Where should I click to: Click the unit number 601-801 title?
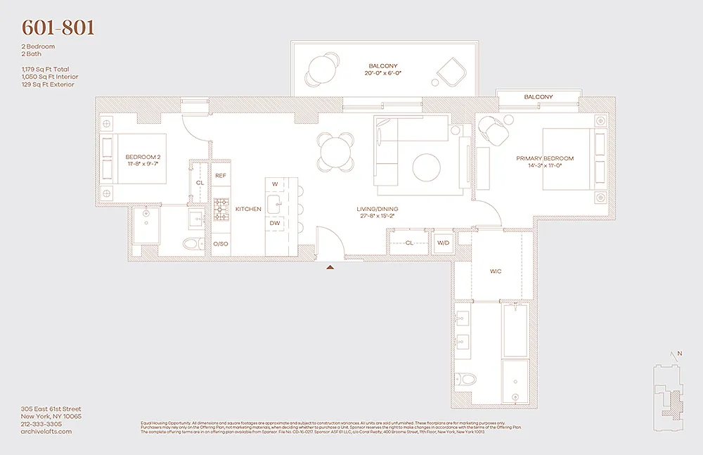click(x=58, y=28)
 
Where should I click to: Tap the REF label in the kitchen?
click(x=220, y=175)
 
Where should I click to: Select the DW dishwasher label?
click(x=275, y=223)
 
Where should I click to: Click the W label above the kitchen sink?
click(x=275, y=184)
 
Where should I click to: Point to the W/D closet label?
click(x=443, y=243)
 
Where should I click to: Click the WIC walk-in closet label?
click(x=496, y=271)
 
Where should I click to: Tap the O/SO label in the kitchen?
click(x=219, y=243)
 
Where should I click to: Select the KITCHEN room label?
click(x=248, y=209)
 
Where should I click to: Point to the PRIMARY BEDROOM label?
click(x=545, y=159)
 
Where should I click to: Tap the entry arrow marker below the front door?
click(x=330, y=267)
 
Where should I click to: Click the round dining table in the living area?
click(x=334, y=148)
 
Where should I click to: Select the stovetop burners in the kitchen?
click(x=221, y=209)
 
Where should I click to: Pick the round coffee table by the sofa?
click(x=427, y=167)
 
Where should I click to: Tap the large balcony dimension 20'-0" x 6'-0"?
click(x=385, y=73)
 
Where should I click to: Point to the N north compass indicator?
click(x=679, y=354)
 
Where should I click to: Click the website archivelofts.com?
click(x=46, y=432)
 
